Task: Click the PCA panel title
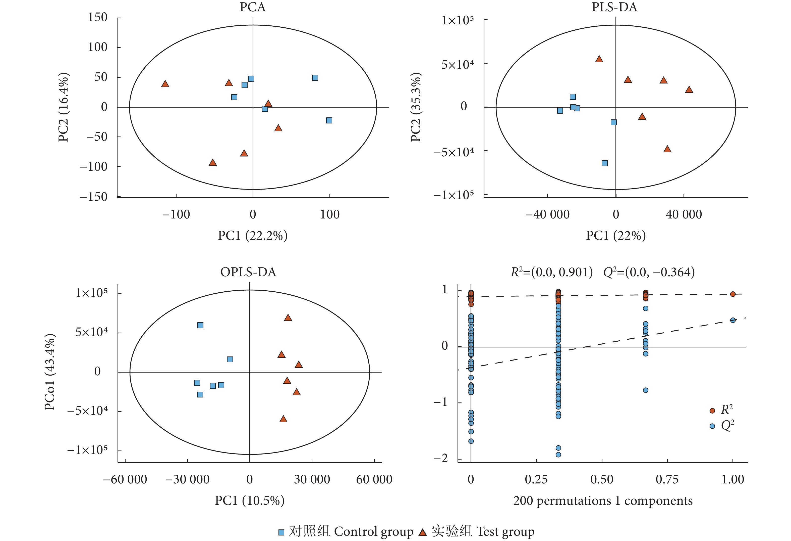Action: (x=253, y=7)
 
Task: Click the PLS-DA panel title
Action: (x=614, y=7)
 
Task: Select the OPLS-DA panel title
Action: (x=248, y=272)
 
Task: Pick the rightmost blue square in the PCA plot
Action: (x=329, y=120)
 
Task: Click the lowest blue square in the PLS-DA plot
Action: (x=604, y=163)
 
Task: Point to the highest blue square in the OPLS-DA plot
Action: (x=200, y=325)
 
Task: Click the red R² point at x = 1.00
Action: (x=733, y=294)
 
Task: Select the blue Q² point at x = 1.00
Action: (x=733, y=320)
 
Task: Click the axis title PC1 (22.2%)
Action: (x=253, y=235)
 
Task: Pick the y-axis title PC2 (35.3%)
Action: (x=416, y=107)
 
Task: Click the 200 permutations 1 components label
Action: (x=603, y=501)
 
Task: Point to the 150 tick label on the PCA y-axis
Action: (x=97, y=17)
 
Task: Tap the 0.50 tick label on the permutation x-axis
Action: (x=602, y=479)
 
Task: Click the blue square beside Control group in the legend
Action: (x=281, y=532)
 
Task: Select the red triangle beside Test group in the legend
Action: (x=422, y=532)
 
